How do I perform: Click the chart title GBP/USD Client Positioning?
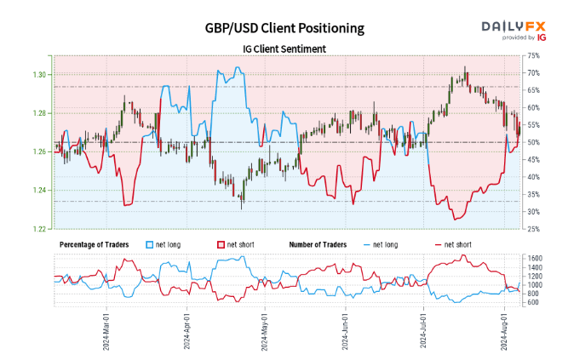284,28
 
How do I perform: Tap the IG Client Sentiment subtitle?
284,49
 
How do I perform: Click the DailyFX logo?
513,29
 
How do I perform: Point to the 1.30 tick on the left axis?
40,75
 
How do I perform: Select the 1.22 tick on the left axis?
40,229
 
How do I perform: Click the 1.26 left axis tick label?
40,151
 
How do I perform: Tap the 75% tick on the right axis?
533,55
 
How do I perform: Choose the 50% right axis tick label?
533,142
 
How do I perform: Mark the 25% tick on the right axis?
533,229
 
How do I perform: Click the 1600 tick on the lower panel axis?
534,258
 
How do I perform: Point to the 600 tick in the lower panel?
532,302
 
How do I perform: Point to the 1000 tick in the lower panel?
534,284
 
